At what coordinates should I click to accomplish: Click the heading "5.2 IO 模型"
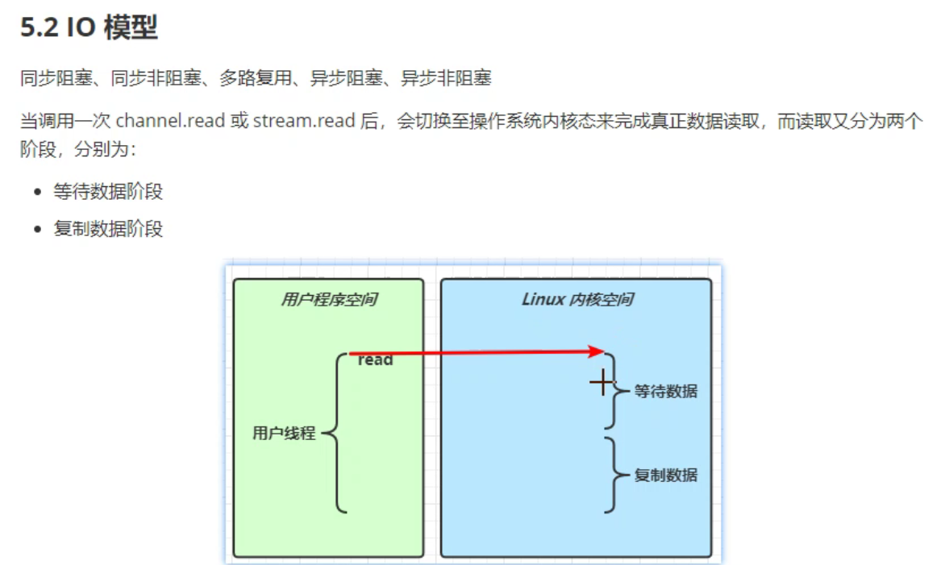[x=90, y=27]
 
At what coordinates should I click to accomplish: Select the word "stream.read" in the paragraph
[x=304, y=122]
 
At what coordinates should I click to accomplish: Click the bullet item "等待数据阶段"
[x=108, y=192]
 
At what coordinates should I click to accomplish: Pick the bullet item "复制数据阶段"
[x=108, y=229]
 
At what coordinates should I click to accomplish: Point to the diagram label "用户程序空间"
[x=328, y=300]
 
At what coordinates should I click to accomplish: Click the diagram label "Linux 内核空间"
[x=577, y=300]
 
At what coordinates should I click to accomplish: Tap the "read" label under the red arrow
[x=375, y=361]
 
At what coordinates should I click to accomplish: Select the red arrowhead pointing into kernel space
[x=597, y=351]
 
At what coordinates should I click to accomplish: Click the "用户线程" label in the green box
[x=284, y=434]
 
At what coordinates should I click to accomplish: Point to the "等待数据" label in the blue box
[x=665, y=392]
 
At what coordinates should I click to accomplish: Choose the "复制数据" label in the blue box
[x=665, y=476]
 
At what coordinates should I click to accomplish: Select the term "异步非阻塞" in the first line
[x=447, y=78]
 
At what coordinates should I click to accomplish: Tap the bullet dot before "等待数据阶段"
[x=37, y=193]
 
